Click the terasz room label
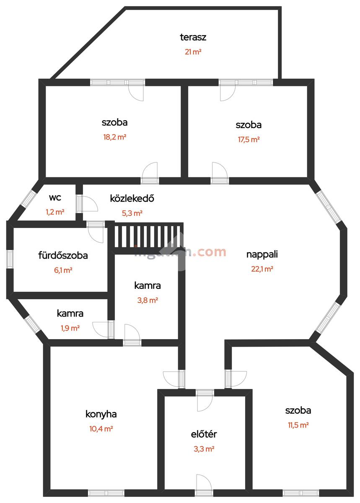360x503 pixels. pos(193,37)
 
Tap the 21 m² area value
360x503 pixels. pos(193,52)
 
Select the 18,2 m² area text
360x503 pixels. pos(114,137)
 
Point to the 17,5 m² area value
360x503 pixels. pos(249,140)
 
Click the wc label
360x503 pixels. pos(55,198)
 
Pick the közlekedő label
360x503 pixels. pos(132,198)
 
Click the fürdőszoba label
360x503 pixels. pos(63,255)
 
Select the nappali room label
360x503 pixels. pos(262,254)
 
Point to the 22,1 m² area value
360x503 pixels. pos(262,269)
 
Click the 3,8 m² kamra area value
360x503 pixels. pos(147,300)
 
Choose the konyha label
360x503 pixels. pos(101,414)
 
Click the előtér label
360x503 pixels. pos(204,434)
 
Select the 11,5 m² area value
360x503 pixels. pos(298,425)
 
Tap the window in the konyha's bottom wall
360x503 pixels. pos(106,493)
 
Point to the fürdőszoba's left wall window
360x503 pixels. pos(10,258)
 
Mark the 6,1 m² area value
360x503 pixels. pos(63,270)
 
